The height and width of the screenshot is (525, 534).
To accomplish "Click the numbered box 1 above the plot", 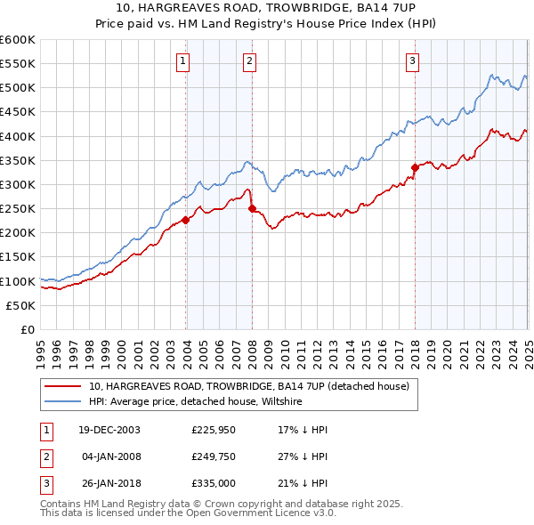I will (182, 61).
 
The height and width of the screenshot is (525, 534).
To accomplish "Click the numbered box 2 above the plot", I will (249, 61).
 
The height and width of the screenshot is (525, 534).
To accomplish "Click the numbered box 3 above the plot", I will (413, 61).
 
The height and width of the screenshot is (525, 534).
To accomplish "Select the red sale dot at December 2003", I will (186, 220).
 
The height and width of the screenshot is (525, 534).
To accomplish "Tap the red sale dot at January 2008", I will (252, 208).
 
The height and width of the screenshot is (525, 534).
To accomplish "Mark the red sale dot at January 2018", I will (415, 167).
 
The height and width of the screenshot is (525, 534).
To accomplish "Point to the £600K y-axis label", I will (17, 40).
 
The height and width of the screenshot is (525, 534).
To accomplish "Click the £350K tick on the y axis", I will (17, 161).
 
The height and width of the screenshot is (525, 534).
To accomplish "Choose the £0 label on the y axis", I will (28, 330).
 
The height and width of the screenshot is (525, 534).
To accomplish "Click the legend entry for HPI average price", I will (195, 402).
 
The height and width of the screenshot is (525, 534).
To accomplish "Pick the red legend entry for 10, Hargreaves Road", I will (248, 387).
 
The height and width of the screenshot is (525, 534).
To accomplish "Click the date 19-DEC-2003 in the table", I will (109, 430).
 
